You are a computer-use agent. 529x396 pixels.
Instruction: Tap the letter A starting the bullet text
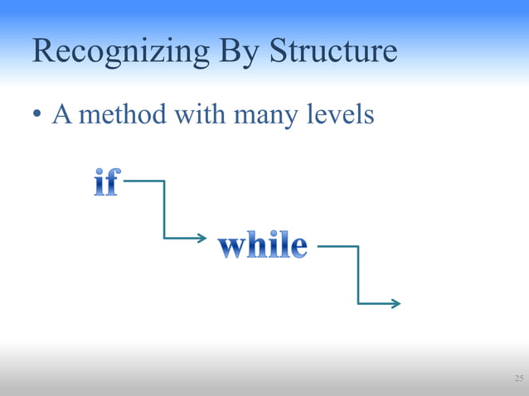61,114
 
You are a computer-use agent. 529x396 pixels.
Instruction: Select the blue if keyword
104,183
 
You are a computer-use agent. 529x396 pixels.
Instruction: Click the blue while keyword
262,246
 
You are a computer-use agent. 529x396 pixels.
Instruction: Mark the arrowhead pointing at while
201,239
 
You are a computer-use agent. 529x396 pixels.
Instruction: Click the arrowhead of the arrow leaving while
396,304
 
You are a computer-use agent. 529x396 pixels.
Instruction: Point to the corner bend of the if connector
164,181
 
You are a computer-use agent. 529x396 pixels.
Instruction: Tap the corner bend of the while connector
358,246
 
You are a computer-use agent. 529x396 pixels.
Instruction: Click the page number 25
518,379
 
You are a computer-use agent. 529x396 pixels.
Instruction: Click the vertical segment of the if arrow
164,210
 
